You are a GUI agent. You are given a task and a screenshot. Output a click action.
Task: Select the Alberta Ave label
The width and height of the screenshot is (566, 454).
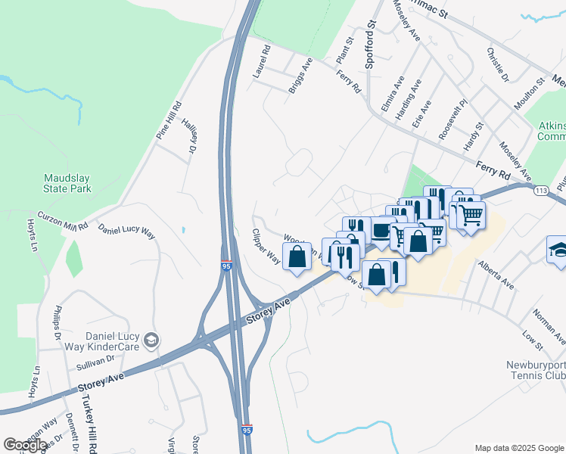tap(496, 275)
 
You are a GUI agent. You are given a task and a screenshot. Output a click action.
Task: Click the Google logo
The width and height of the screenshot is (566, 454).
tap(25, 444)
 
